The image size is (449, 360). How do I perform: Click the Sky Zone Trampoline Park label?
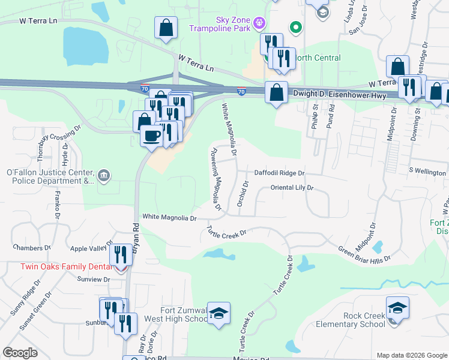coord(220,23)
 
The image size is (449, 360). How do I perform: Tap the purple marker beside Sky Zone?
coord(259,23)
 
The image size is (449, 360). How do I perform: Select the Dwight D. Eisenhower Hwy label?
coord(341,94)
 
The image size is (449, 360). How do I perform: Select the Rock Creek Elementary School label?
coord(364,320)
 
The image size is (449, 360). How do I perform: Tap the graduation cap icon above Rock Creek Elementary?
coord(397,307)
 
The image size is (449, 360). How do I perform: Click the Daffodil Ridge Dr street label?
coord(280,173)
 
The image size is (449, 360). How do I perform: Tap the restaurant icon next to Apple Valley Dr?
coord(122,254)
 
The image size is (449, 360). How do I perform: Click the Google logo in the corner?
coord(20,353)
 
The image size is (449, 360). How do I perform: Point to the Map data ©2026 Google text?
coord(412,355)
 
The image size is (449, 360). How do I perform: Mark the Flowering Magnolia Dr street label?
coord(215,181)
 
